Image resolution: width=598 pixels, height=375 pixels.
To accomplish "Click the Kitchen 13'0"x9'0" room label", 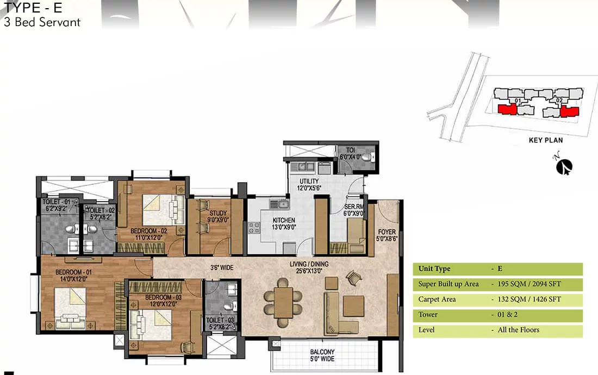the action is click(x=284, y=224).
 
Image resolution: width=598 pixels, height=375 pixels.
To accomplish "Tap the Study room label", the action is click(x=218, y=216).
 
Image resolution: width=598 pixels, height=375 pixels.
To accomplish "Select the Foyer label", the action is click(x=387, y=235).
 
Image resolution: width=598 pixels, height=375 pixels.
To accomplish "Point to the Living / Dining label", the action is click(x=309, y=267).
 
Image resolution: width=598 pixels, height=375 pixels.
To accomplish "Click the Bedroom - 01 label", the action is click(x=73, y=276).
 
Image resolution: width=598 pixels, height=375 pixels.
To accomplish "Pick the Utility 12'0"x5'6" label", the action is click(x=309, y=184).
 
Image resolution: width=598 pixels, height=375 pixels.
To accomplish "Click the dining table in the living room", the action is click(x=283, y=303).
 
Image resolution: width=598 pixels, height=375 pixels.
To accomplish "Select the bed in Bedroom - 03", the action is click(x=151, y=324).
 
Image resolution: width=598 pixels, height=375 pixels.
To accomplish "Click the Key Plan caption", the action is click(x=546, y=140).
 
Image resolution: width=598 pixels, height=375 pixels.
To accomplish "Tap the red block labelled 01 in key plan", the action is click(x=508, y=109).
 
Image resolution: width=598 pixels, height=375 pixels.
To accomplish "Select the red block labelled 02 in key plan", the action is click(x=570, y=111).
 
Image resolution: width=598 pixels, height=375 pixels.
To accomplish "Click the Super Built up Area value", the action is click(x=529, y=284).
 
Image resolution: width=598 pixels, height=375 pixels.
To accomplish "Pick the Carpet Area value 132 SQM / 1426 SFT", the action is click(x=529, y=299).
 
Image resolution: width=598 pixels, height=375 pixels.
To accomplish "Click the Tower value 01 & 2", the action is click(x=507, y=315).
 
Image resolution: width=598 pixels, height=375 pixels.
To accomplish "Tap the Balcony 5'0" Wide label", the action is click(x=322, y=355).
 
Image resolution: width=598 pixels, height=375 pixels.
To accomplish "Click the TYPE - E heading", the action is click(x=33, y=8).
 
